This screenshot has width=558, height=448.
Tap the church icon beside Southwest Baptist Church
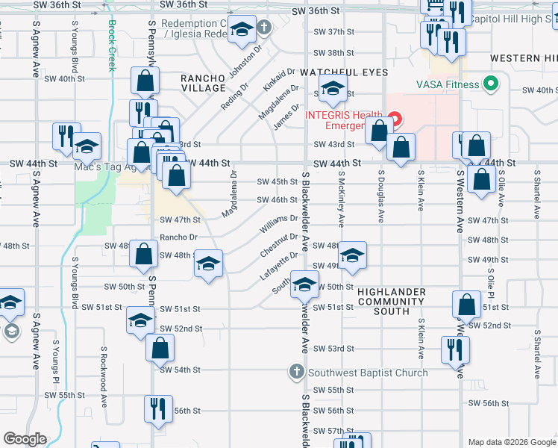tap(296, 372)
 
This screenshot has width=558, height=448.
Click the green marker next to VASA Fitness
tap(490, 84)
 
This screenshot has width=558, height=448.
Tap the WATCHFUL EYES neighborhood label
tap(344, 72)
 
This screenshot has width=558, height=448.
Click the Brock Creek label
tap(112, 45)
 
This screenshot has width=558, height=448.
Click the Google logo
tap(25, 439)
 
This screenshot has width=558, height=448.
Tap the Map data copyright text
tap(512, 442)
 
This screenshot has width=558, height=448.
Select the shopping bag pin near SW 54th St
tap(160, 348)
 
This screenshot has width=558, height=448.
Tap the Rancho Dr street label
tap(178, 237)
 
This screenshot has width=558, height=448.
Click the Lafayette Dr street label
tap(278, 266)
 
